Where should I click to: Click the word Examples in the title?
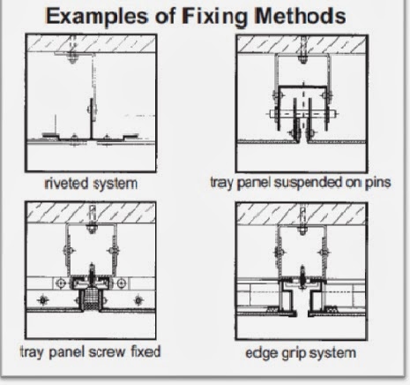97,17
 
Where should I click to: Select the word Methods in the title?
300,16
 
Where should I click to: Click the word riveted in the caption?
66,183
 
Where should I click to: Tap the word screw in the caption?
107,352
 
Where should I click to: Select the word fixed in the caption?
145,351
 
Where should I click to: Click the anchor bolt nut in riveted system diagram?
72,57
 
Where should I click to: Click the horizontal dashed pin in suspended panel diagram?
302,114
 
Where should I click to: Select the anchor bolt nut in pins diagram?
303,58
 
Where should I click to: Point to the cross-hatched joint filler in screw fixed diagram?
91,298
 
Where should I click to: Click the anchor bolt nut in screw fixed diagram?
92,229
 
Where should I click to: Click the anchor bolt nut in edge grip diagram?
302,230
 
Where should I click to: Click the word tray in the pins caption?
222,183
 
